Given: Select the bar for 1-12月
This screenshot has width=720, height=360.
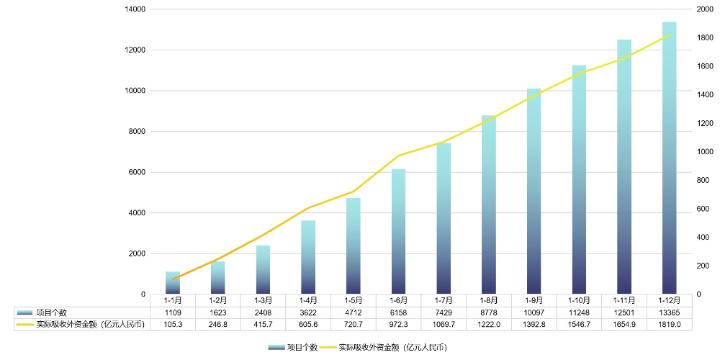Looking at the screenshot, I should coord(669,158).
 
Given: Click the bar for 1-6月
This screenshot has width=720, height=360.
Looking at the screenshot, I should coord(398,232).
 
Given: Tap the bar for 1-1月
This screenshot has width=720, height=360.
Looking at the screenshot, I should coord(173,283).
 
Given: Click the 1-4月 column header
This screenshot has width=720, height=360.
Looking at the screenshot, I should coord(308,300).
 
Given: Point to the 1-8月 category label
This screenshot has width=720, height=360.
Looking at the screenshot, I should coord(489,300).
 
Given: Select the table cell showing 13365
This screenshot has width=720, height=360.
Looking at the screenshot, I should coord(669,312).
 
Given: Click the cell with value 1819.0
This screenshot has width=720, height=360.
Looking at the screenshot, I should coord(669,325).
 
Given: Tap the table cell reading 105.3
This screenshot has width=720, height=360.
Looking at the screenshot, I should coord(173,325).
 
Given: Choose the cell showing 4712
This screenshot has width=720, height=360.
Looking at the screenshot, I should coord(354,312).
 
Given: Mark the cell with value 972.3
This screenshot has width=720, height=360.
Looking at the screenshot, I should coord(398,325).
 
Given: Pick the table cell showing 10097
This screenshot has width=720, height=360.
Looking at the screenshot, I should coord(534,312).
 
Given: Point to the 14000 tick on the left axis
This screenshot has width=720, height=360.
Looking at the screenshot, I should coord(135,9).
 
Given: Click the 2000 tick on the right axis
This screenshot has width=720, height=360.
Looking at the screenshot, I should coord(706,9).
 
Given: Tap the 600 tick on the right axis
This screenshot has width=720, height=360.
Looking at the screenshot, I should coord(703,209).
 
